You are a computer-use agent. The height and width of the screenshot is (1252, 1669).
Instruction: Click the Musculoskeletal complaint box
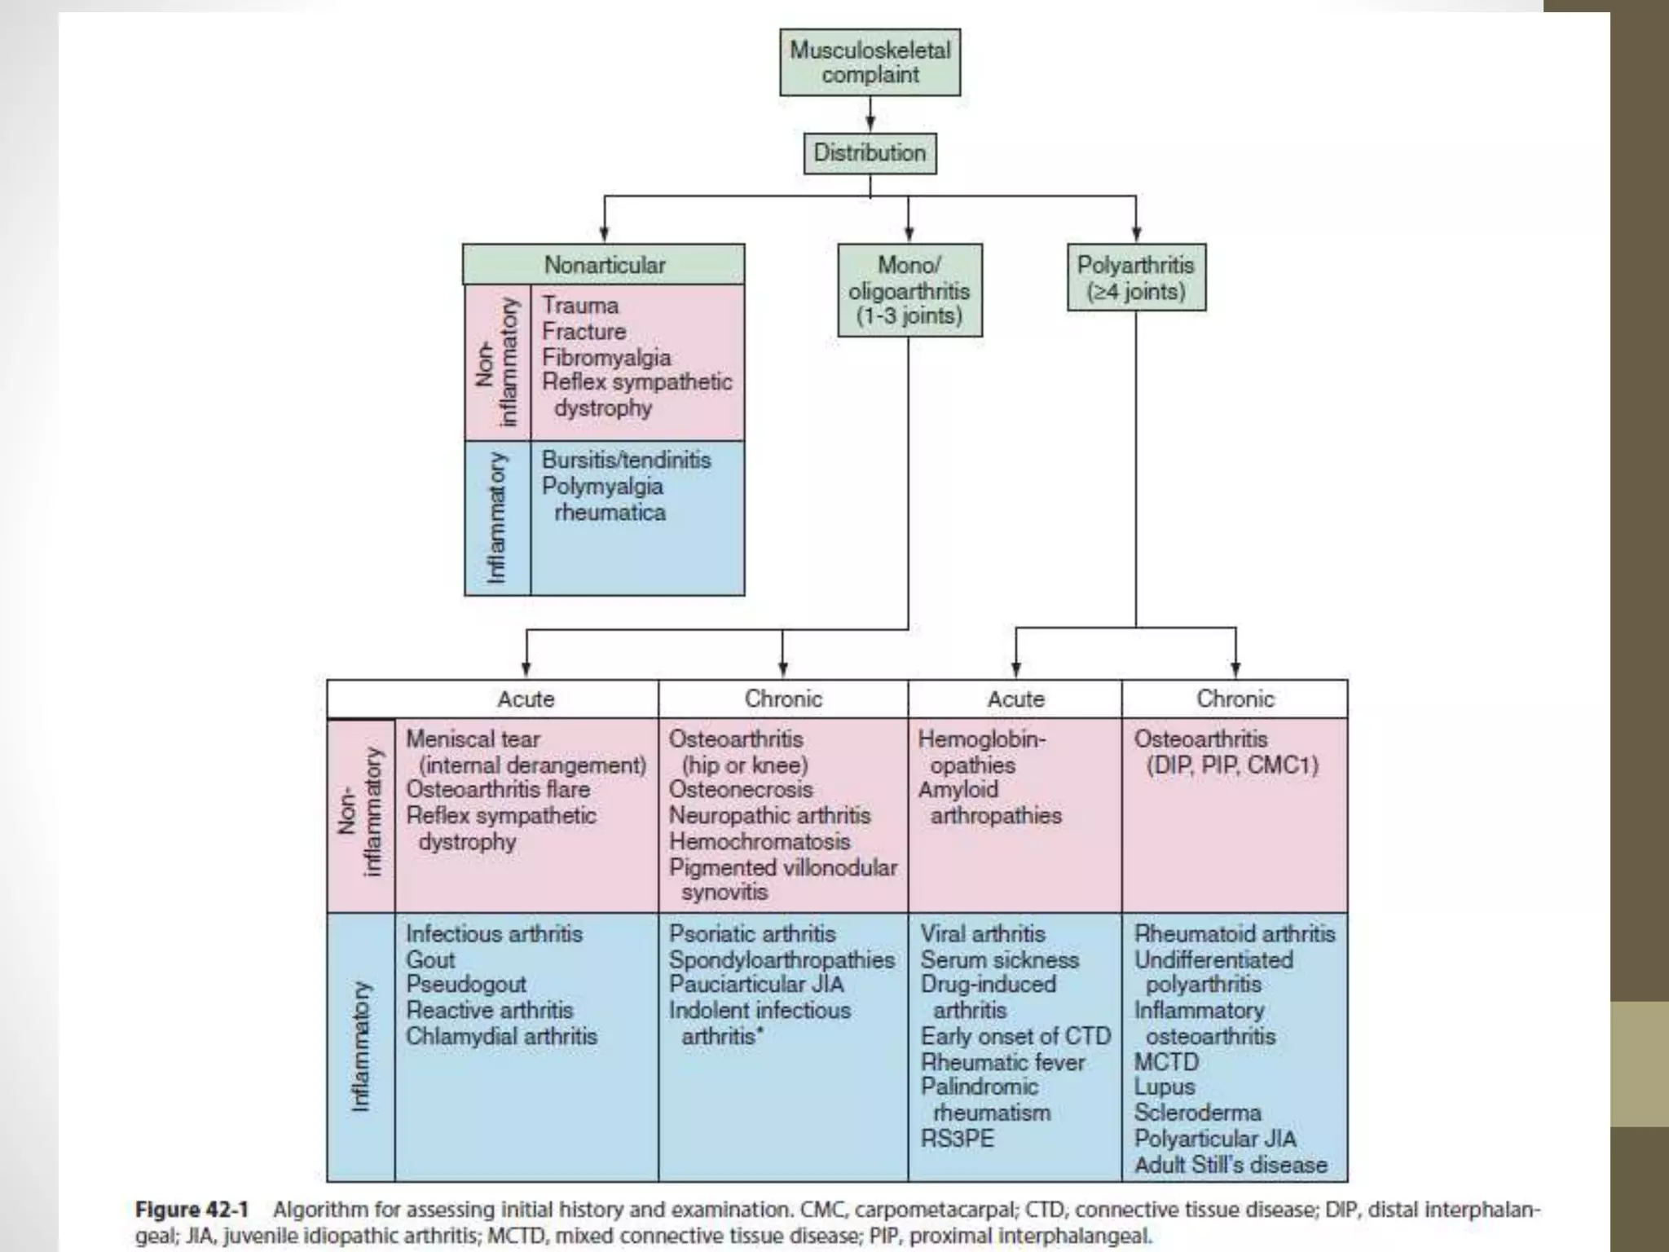coord(870,63)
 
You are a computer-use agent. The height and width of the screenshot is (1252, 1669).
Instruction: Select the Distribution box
coord(870,153)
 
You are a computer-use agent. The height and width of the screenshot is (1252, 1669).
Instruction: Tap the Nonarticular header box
coord(604,265)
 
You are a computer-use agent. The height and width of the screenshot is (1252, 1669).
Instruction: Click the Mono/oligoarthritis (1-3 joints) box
coord(909,290)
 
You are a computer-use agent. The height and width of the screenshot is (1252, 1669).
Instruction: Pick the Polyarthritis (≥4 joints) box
coord(1136,278)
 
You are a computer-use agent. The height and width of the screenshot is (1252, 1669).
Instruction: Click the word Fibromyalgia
coord(606,357)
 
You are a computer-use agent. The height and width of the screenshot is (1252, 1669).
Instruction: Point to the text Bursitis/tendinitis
coord(626,460)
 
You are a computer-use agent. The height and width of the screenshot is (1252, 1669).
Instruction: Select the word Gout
coord(429,959)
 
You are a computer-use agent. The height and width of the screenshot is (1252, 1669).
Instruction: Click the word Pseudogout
coord(465,985)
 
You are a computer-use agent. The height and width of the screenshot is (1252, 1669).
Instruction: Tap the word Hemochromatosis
coord(760,841)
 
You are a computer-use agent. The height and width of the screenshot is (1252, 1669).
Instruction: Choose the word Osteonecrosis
coord(741,789)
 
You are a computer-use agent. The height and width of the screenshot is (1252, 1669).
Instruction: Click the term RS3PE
coord(958,1138)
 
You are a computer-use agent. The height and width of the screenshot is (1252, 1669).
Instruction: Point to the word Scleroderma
coord(1197,1113)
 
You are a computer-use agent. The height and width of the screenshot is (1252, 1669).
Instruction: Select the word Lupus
coord(1164,1087)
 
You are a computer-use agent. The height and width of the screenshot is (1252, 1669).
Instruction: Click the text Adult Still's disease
coord(1231,1165)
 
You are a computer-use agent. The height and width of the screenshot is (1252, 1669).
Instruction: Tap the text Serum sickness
coord(999,959)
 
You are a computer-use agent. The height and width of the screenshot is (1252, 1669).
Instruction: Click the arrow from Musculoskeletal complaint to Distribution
coord(870,114)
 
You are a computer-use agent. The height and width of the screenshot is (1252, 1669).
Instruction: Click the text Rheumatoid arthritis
coord(1235,933)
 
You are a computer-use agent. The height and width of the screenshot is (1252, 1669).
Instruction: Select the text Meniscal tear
coord(473,738)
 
